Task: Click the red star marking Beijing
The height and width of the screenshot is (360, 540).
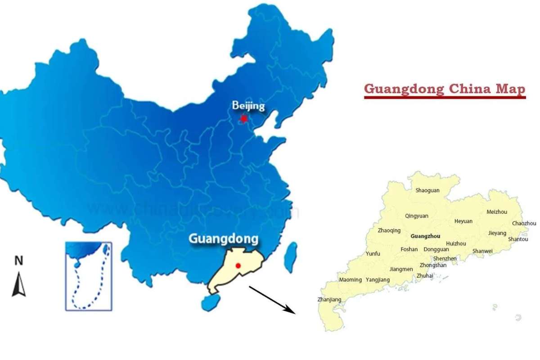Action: pos(244,119)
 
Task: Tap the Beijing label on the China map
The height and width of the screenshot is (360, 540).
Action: pos(248,106)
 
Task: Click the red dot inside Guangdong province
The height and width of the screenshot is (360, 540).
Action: pos(238,266)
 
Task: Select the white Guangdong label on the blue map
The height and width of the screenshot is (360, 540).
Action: pos(223,238)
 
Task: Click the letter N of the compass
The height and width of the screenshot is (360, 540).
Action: pos(19,261)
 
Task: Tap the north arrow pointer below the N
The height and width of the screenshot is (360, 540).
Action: pos(19,284)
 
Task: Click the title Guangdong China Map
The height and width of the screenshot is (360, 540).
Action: pos(445,89)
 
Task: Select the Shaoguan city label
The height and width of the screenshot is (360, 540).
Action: pos(427,190)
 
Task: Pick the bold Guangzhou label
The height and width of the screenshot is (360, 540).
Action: pos(425,236)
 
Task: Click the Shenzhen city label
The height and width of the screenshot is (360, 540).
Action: pos(445,259)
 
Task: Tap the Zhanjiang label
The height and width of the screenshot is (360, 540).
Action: pos(329,299)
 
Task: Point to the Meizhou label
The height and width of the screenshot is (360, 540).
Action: pos(497,212)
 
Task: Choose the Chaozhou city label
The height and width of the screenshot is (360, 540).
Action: pos(524,223)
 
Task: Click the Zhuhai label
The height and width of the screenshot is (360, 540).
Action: pos(425,275)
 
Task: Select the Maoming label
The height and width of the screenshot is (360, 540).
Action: pos(350,279)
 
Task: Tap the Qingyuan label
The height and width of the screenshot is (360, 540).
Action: pos(417,216)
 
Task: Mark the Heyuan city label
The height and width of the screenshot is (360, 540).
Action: pos(463,221)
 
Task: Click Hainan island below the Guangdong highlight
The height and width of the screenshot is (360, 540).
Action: pos(211,301)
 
